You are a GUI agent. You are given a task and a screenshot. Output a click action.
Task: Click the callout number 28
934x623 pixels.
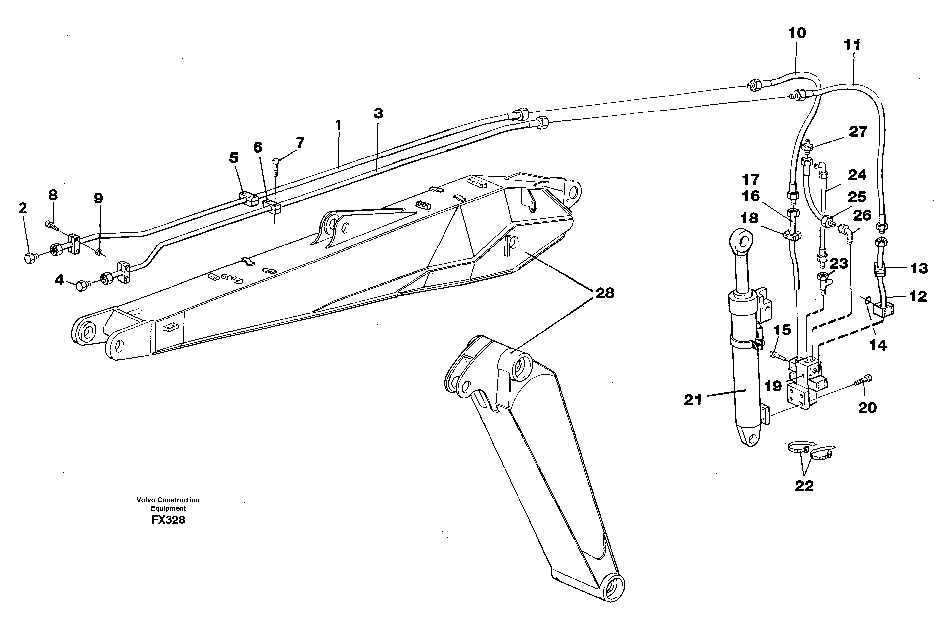[604, 293]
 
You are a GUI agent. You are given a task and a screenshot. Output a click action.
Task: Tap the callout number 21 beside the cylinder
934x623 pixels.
[693, 400]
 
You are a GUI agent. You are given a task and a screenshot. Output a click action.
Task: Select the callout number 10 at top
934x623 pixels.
[797, 33]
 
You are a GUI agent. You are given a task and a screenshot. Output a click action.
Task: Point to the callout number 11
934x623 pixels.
[852, 45]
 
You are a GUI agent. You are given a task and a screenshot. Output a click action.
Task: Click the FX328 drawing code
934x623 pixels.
[168, 520]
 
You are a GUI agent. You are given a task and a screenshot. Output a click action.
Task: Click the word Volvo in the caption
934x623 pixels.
[146, 500]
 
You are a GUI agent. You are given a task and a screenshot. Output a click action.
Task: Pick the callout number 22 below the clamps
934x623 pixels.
[804, 485]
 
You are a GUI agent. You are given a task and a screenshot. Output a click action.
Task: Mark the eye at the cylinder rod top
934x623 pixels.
[742, 241]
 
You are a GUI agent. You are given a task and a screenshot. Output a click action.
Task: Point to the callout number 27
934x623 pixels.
[857, 131]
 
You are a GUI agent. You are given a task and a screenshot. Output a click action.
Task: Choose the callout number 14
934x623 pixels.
[878, 345]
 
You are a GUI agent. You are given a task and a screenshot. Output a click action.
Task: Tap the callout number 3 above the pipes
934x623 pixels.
[378, 113]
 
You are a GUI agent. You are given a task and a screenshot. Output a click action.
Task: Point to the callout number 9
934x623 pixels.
[98, 198]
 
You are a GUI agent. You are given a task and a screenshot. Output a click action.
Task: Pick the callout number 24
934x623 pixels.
[857, 175]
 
